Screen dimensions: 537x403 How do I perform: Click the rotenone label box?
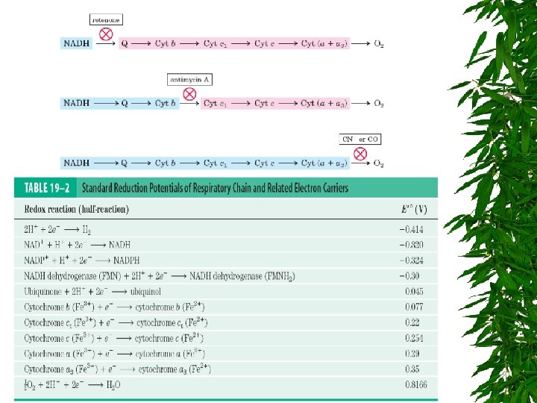point(105,19)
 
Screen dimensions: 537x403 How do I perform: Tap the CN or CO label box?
point(360,139)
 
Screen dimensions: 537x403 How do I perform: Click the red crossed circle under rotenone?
point(106,34)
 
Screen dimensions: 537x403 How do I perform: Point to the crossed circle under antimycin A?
point(189,94)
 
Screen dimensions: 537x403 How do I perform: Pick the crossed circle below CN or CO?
point(360,154)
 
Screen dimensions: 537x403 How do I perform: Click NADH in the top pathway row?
point(77,44)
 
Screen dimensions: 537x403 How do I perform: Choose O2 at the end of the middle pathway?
point(379,103)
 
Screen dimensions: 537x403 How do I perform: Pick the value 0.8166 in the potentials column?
point(416,385)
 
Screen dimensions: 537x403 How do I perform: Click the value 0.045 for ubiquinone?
point(414,290)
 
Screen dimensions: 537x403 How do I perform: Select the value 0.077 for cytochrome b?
point(414,306)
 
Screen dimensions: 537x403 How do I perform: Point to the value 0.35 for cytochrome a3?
point(412,369)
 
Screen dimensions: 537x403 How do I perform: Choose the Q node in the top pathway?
point(124,44)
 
